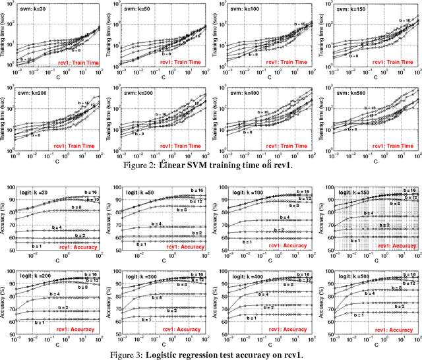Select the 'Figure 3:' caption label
(135, 355)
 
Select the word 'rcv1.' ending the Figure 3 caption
(291, 355)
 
